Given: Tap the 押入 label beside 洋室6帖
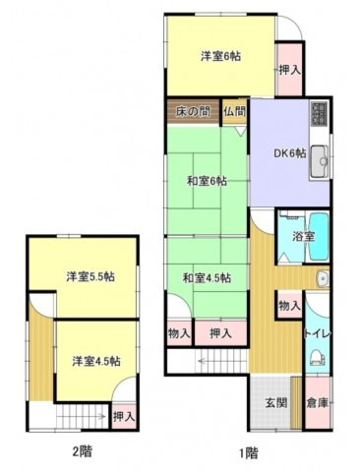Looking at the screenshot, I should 288,71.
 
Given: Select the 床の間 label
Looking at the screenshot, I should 193,110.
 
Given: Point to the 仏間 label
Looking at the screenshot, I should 234,110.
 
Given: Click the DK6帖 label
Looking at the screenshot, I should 289,153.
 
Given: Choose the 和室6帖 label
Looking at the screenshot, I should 208,181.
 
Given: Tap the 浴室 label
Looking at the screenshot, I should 303,237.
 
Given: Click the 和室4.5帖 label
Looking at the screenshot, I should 207,278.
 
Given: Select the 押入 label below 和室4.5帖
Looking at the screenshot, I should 220,334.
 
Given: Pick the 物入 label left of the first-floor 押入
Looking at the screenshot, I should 178,334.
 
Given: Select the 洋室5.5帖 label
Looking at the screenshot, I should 90,277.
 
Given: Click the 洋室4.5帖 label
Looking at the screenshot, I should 94,361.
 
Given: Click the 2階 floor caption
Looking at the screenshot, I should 82,453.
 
